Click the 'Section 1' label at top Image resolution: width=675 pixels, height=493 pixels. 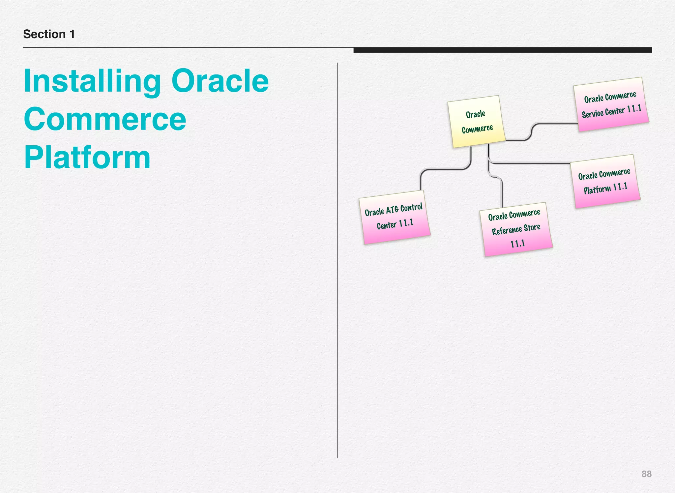click(49, 34)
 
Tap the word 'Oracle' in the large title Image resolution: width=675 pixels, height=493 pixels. click(220, 81)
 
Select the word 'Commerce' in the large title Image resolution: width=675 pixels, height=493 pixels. click(105, 119)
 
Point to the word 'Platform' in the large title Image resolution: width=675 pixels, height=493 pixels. click(87, 158)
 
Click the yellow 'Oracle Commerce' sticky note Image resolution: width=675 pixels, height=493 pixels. click(477, 121)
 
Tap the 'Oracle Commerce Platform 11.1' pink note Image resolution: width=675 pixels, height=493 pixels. click(605, 181)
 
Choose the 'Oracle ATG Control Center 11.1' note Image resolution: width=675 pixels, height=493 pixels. click(394, 217)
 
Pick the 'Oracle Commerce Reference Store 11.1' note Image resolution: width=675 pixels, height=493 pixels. click(515, 229)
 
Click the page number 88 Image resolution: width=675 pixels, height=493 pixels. click(646, 474)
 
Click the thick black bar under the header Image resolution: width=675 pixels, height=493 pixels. click(502, 50)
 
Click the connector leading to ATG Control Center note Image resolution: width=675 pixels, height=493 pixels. click(445, 169)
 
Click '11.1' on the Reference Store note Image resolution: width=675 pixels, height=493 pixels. click(517, 244)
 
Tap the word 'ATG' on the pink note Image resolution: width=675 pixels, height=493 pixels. click(392, 210)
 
